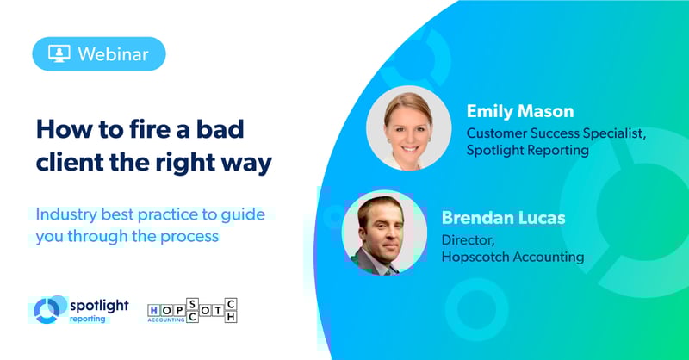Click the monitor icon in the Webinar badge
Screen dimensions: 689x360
click(x=59, y=53)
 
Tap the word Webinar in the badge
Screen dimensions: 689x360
click(x=114, y=54)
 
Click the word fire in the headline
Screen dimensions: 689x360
click(x=147, y=129)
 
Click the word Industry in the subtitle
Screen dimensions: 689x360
click(x=66, y=215)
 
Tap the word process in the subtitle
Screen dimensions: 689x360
click(x=189, y=237)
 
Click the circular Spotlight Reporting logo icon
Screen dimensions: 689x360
click(x=47, y=310)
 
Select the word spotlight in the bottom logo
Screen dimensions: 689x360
click(x=99, y=306)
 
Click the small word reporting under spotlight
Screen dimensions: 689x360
click(x=88, y=320)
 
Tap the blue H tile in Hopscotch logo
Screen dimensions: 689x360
click(x=154, y=311)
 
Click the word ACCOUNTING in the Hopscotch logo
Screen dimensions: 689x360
click(x=166, y=320)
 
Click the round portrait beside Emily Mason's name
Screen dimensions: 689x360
click(x=408, y=128)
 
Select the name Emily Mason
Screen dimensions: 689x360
click(x=520, y=111)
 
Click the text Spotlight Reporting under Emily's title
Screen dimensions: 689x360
click(x=528, y=151)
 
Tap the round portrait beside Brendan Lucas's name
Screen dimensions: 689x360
click(x=384, y=233)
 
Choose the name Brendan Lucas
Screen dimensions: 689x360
click(x=504, y=218)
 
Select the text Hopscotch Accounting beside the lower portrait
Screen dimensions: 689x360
click(x=513, y=257)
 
